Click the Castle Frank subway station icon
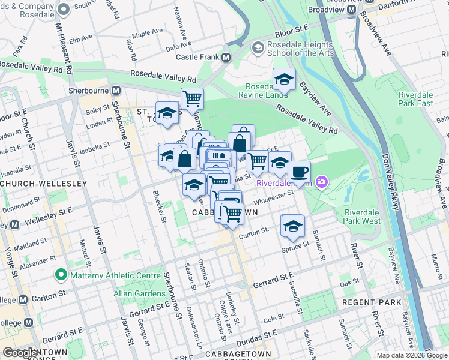click(x=226, y=58)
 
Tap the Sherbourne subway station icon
click(x=116, y=90)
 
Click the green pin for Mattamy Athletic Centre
click(x=60, y=275)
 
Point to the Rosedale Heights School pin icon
click(x=258, y=47)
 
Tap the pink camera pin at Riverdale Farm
click(x=323, y=182)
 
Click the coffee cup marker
click(x=299, y=172)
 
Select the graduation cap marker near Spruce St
click(x=292, y=226)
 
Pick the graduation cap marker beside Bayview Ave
click(x=284, y=80)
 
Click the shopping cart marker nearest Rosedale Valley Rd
click(x=192, y=99)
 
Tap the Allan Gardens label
click(x=139, y=294)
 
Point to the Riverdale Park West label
click(x=363, y=217)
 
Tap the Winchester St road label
click(x=273, y=197)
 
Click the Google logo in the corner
click(x=20, y=352)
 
